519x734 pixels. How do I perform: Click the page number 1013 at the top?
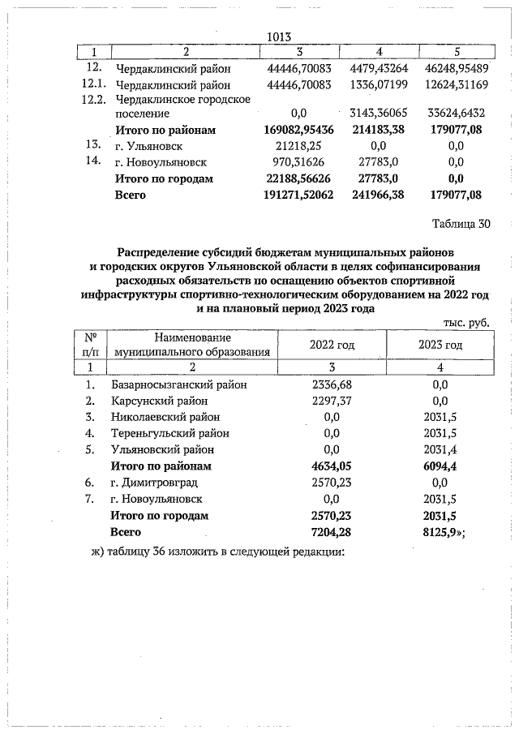[278, 36]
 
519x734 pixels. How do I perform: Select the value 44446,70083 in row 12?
[300, 69]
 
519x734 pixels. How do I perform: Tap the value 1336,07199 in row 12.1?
[376, 84]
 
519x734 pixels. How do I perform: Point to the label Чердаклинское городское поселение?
[182, 107]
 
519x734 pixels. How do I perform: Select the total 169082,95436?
[300, 131]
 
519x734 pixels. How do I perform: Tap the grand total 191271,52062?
[300, 195]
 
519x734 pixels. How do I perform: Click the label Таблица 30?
[462, 225]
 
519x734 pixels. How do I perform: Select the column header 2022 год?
[332, 345]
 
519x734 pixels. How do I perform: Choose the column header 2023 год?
[440, 345]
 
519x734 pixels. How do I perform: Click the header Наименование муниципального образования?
[191, 345]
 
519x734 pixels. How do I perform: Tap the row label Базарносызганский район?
[178, 384]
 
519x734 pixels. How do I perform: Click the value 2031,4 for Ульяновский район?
[440, 449]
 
